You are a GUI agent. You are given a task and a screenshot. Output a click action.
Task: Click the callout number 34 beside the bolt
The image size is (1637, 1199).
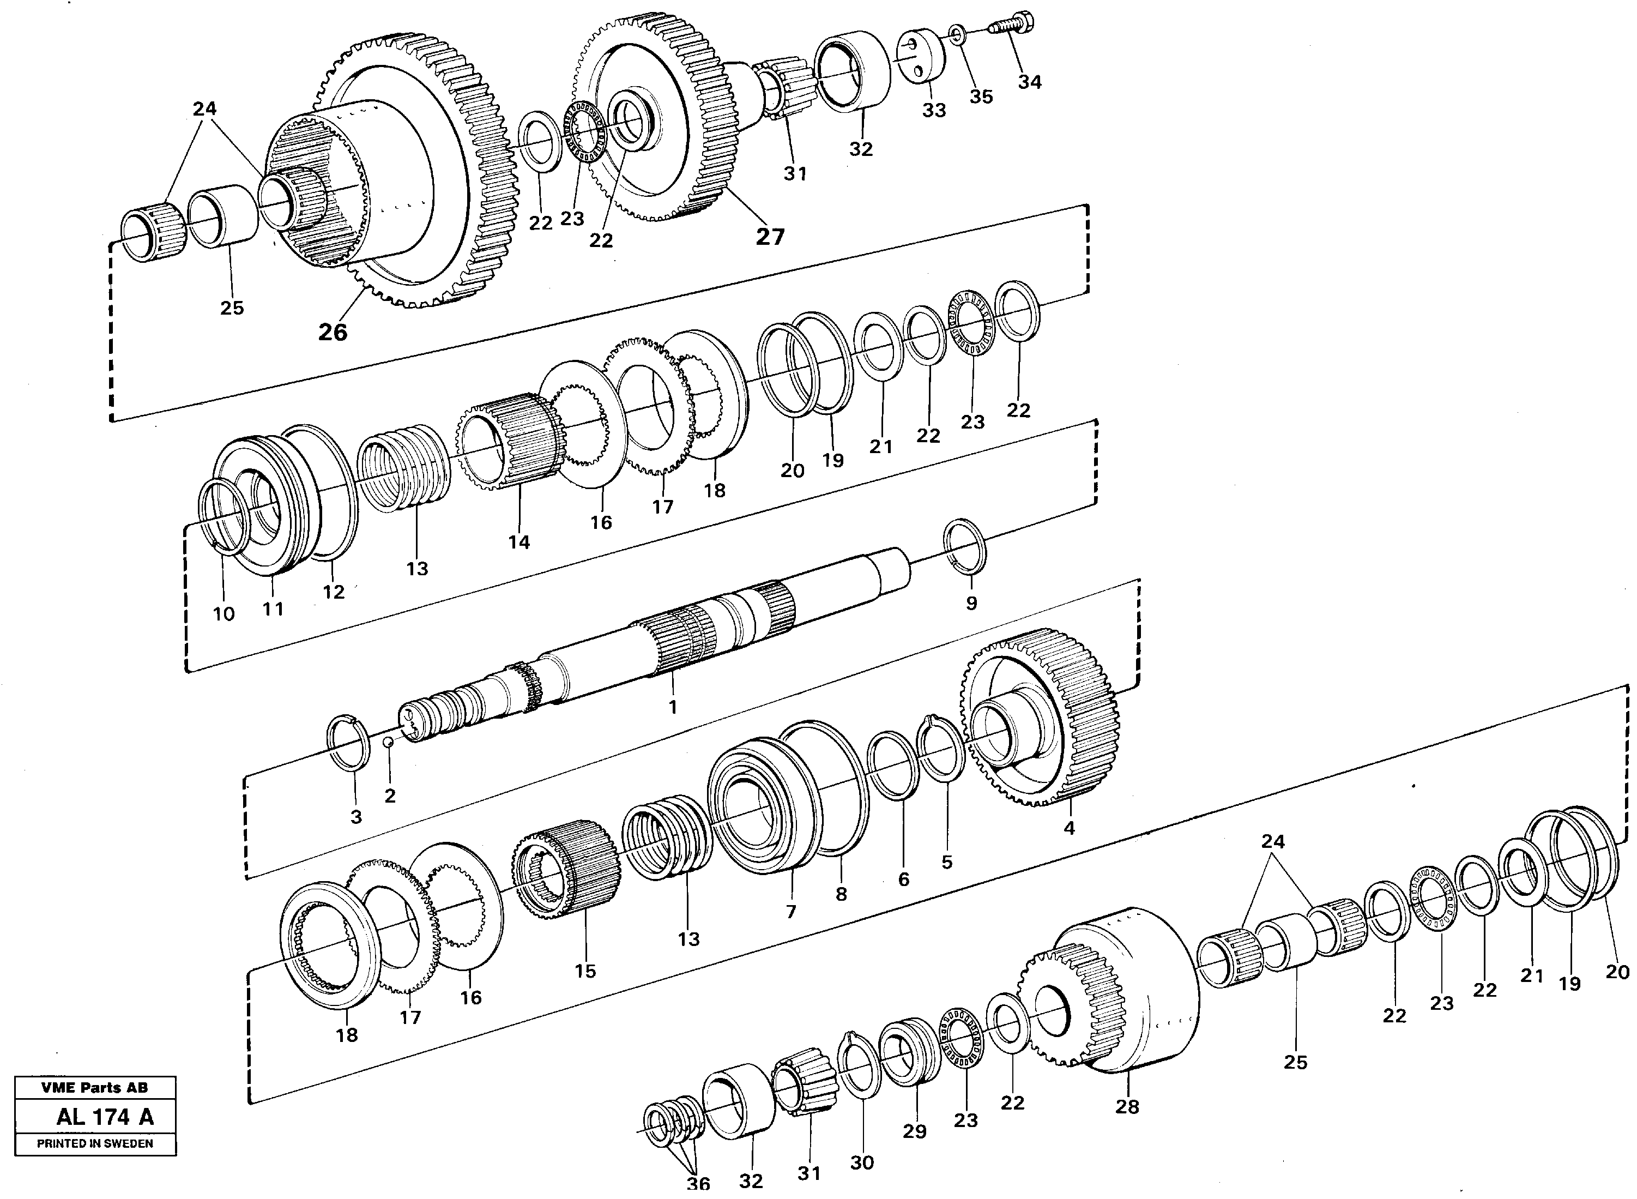[1029, 82]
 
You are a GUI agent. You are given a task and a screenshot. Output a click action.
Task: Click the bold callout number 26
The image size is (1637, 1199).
[333, 332]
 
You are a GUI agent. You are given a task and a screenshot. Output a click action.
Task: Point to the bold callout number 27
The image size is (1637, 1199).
[770, 237]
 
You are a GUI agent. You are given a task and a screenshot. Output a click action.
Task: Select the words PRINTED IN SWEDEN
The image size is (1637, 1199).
[95, 1143]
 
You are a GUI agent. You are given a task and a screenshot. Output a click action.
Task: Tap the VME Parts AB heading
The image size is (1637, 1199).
[94, 1087]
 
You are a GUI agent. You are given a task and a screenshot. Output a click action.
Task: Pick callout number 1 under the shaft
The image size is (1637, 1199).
[672, 706]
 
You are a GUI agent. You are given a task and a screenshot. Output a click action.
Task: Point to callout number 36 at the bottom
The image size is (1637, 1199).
[698, 1184]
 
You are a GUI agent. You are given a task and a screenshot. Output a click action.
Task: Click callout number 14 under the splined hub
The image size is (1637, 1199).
[519, 541]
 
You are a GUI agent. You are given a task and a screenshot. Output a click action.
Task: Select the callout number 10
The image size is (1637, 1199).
[223, 614]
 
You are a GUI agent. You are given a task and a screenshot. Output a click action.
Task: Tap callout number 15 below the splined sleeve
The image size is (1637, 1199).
[585, 971]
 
